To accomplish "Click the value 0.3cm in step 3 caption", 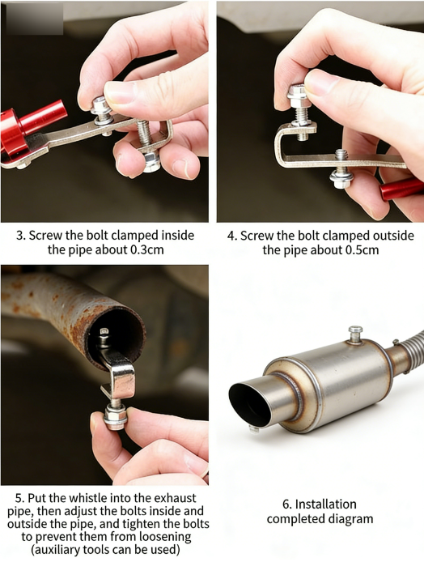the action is point(146,249).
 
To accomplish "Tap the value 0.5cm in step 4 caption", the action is point(362,250).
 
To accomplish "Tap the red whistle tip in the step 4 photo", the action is point(402,189).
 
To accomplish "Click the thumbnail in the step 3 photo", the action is point(120,92).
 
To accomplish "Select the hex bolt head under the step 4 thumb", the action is point(297,93).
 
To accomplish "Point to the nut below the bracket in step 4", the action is point(340,182).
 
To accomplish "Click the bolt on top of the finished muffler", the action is point(355,334).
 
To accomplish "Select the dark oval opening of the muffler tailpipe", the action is point(249,405).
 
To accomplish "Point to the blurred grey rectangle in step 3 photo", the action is point(35,19).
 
